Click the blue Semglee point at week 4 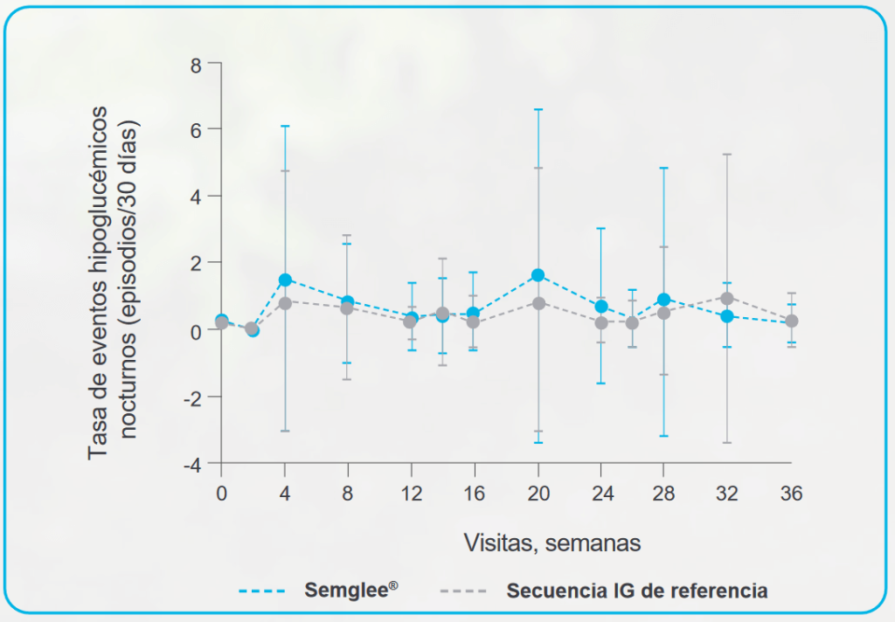[285, 280]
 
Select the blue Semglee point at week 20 [538, 275]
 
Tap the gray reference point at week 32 [727, 298]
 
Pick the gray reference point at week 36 [791, 321]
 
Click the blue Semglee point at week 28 [664, 300]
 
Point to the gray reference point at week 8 [347, 308]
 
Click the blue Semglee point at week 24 [601, 307]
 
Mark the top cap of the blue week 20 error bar [538, 110]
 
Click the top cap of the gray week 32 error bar [727, 155]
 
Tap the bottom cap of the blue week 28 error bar [664, 435]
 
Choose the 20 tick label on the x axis [538, 494]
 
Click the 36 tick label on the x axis [791, 494]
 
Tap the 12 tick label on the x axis [411, 494]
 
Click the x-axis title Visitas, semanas [552, 543]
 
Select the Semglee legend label [351, 590]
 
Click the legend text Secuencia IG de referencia [637, 591]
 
